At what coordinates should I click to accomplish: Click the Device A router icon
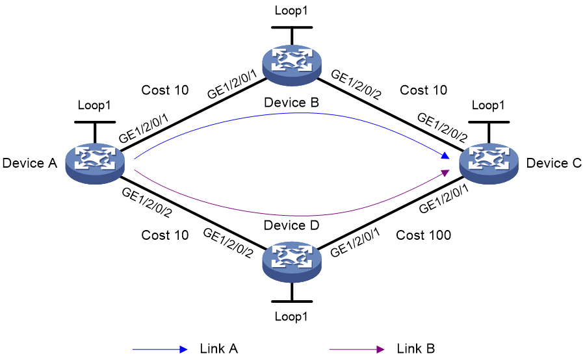click(x=95, y=163)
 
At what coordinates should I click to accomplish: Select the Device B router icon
click(x=292, y=65)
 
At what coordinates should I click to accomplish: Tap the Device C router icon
click(x=489, y=163)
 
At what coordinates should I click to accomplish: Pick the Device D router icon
click(x=292, y=262)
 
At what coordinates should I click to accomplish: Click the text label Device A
click(x=30, y=163)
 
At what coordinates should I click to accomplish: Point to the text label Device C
click(x=554, y=163)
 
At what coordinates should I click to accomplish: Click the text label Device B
click(x=291, y=102)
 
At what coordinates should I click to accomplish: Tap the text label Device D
click(x=291, y=225)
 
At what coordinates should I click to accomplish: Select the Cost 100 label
click(x=423, y=235)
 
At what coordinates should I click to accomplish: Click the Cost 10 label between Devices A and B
click(x=165, y=90)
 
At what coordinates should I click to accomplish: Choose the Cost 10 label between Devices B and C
click(x=423, y=90)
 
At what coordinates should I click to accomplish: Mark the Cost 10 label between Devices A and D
click(x=165, y=235)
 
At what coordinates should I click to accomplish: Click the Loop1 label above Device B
click(x=291, y=10)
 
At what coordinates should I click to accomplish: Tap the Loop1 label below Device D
click(x=291, y=316)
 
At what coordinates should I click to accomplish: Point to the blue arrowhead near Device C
click(x=445, y=155)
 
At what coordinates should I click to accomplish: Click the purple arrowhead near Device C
click(x=445, y=172)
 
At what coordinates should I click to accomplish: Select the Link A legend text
click(x=218, y=348)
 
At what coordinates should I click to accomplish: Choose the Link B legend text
click(x=415, y=348)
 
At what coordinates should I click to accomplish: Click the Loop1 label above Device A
click(x=94, y=105)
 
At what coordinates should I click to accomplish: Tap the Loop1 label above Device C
click(x=488, y=105)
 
